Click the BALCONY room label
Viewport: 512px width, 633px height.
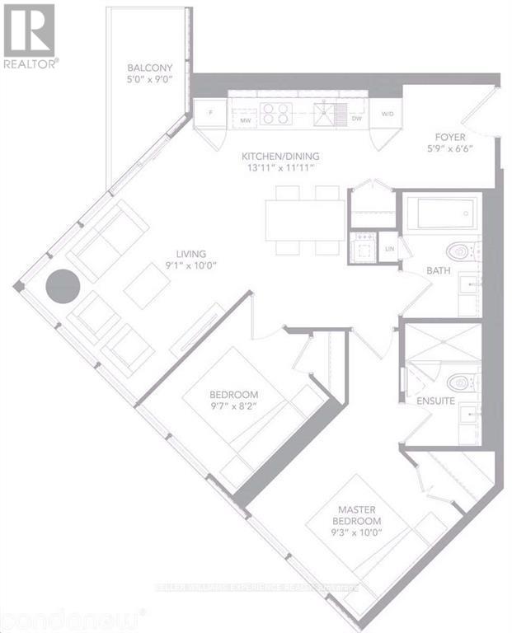click(x=148, y=68)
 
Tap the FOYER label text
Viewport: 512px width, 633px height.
click(x=452, y=138)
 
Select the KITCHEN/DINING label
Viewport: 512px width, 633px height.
click(x=280, y=156)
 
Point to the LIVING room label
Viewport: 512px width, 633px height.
click(x=195, y=254)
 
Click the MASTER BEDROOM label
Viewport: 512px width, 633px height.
click(x=357, y=516)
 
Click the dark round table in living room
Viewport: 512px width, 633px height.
click(x=63, y=286)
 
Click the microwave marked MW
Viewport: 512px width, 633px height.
click(x=245, y=120)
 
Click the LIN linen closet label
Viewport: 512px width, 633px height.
click(x=390, y=247)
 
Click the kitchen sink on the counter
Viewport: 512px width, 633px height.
click(x=329, y=113)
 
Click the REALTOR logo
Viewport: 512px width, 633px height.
click(x=30, y=37)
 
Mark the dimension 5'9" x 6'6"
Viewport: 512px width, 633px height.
click(x=452, y=150)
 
